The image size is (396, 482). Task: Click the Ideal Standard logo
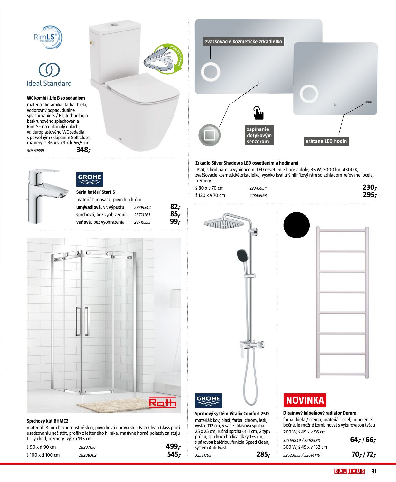49,75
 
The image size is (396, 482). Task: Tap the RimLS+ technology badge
48,37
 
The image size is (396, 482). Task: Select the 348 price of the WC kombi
83,150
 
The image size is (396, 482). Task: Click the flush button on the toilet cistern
115,24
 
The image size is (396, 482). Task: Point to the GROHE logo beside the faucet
90,179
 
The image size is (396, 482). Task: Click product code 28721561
142,215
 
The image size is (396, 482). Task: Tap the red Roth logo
163,402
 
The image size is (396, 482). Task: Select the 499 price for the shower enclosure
173,446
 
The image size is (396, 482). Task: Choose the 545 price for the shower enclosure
173,454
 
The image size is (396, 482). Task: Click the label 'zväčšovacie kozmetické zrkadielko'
244,41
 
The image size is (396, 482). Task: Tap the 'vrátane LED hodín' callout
326,141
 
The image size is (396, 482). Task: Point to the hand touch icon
258,113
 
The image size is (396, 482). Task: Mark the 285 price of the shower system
263,454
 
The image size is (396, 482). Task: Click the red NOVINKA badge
305,400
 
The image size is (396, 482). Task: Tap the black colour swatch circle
297,225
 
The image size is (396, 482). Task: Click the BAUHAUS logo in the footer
349,471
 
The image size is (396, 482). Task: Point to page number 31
374,471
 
